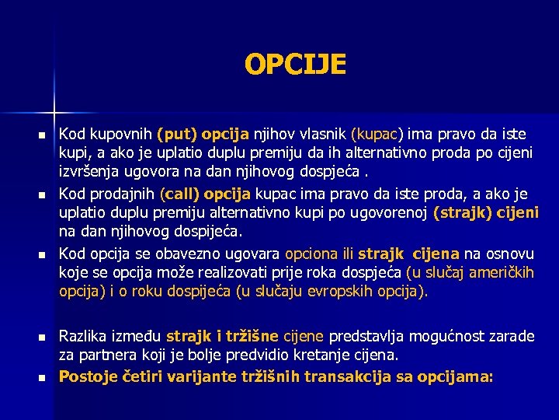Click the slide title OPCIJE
click(295, 64)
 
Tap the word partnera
click(109, 356)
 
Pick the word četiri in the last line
click(144, 376)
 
